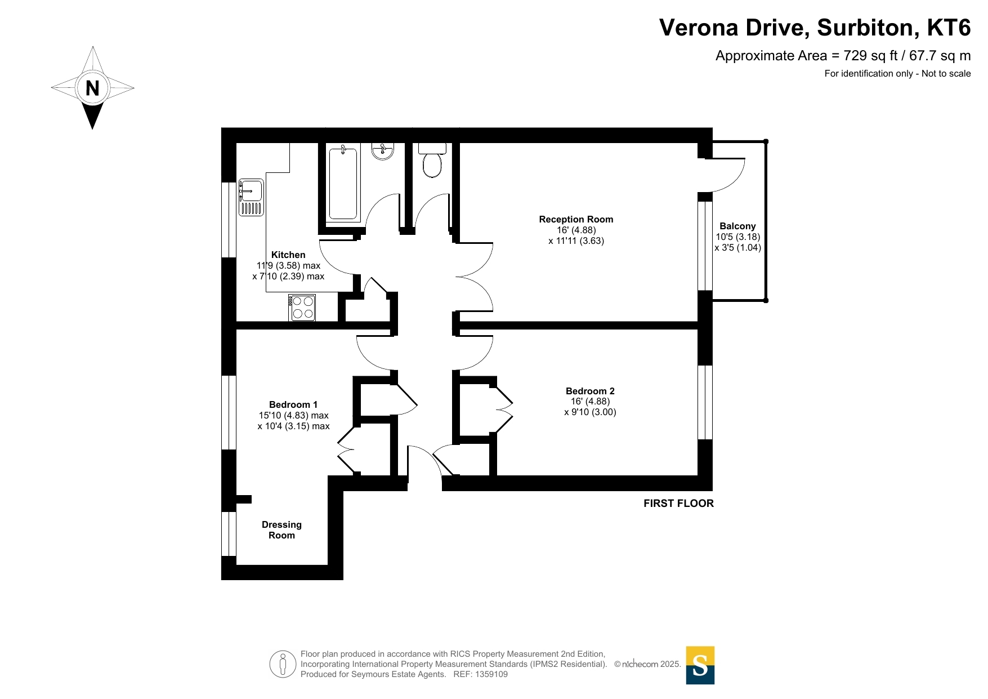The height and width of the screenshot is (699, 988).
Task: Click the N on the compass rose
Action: [x=92, y=88]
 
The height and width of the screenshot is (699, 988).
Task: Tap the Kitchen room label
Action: [x=288, y=255]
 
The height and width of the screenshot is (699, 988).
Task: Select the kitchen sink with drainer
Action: [x=251, y=197]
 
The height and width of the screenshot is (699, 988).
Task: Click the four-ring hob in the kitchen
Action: [x=302, y=308]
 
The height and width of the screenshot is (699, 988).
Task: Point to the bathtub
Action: [x=343, y=183]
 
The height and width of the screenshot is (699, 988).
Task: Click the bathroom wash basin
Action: [x=383, y=151]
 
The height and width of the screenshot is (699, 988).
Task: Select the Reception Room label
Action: [x=576, y=220]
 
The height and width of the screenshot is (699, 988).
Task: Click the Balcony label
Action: [x=737, y=226]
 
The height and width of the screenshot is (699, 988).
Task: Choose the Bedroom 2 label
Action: [x=590, y=391]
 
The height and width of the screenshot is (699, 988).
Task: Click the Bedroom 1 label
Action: [x=293, y=404]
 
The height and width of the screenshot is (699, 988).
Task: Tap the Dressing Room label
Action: [x=281, y=530]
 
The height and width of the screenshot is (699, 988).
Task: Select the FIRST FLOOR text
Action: [x=678, y=504]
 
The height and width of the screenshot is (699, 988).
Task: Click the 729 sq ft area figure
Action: [x=871, y=56]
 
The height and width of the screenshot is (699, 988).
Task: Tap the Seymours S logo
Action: [x=700, y=665]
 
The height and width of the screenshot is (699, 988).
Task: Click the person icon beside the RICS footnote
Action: [x=283, y=664]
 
